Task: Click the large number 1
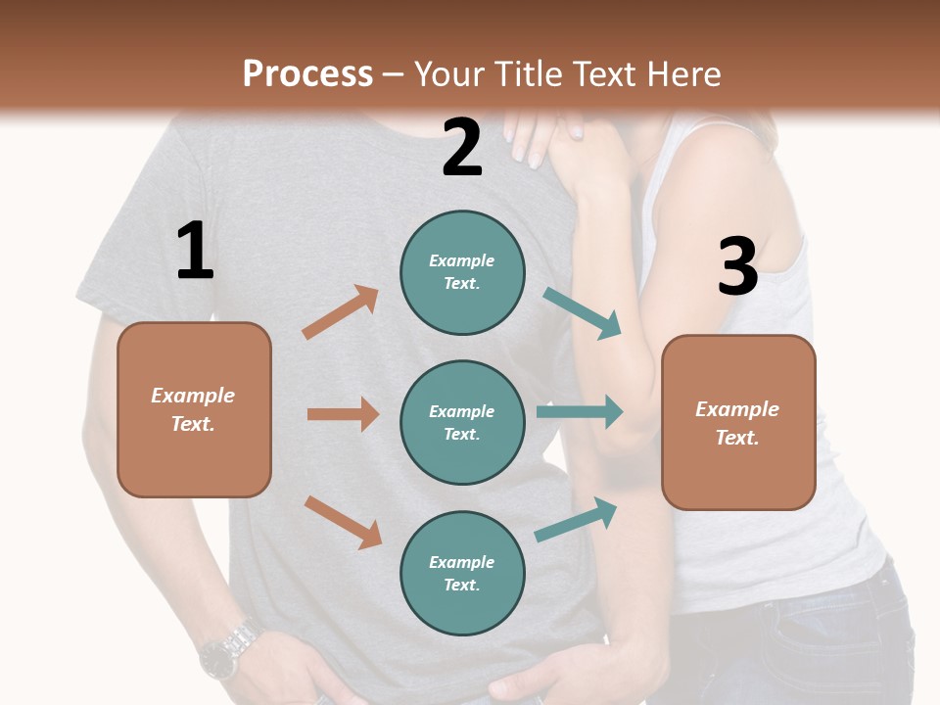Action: click(195, 252)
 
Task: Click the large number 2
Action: click(462, 149)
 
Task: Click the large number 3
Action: click(737, 267)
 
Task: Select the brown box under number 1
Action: click(194, 409)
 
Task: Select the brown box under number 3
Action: click(738, 422)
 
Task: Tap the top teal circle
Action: click(462, 272)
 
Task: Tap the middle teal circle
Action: click(462, 422)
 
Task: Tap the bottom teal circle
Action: click(462, 573)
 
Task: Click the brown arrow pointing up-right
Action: click(341, 311)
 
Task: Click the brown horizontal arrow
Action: click(343, 414)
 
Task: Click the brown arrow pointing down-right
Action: click(343, 521)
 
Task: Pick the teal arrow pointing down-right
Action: click(583, 313)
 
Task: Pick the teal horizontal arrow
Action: click(580, 411)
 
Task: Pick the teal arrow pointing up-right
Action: click(577, 519)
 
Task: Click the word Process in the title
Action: click(307, 73)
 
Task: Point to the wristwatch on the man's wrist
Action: click(227, 650)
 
